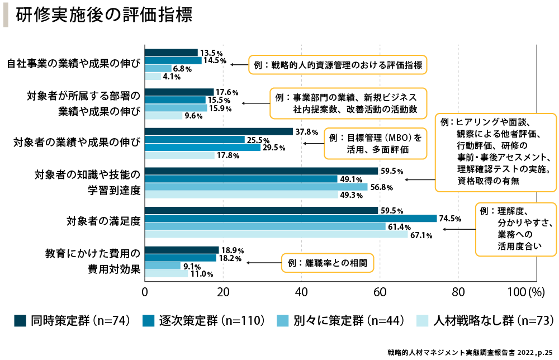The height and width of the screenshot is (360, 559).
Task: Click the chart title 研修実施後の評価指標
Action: [105, 16]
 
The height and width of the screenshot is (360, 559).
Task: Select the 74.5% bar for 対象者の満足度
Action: [291, 219]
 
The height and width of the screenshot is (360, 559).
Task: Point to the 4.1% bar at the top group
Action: [153, 77]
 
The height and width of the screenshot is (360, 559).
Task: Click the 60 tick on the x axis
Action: [380, 291]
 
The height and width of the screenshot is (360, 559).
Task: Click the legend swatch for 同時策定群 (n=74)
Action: [21, 320]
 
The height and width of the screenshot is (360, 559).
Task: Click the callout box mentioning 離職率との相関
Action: [326, 262]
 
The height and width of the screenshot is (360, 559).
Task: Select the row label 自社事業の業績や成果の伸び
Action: [73, 64]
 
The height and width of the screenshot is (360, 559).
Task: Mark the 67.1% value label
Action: [421, 235]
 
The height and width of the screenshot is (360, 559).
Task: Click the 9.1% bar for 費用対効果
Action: [163, 266]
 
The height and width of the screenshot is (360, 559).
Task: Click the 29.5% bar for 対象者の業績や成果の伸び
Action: [203, 148]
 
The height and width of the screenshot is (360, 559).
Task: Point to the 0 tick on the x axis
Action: [145, 291]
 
